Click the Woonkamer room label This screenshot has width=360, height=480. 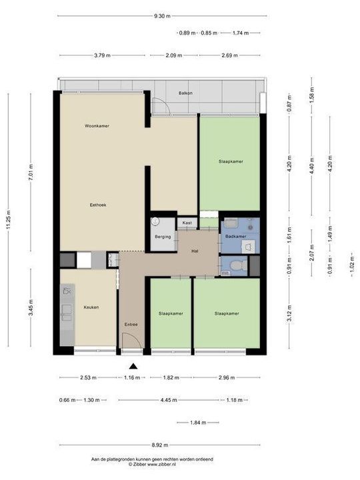point(97,126)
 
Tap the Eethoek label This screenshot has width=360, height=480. point(98,205)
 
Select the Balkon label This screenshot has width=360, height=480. point(185,93)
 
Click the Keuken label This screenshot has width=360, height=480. point(91,307)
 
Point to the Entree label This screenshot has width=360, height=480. point(131,325)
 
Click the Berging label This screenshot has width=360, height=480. point(163,237)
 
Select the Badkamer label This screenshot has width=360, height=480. point(235,237)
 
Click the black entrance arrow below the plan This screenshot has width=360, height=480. point(133,365)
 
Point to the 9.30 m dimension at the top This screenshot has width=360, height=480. point(161,15)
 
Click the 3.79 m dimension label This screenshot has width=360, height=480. point(103,55)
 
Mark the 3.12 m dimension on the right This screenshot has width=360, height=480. point(289,311)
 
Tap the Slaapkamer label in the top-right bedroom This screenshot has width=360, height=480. point(230,161)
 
